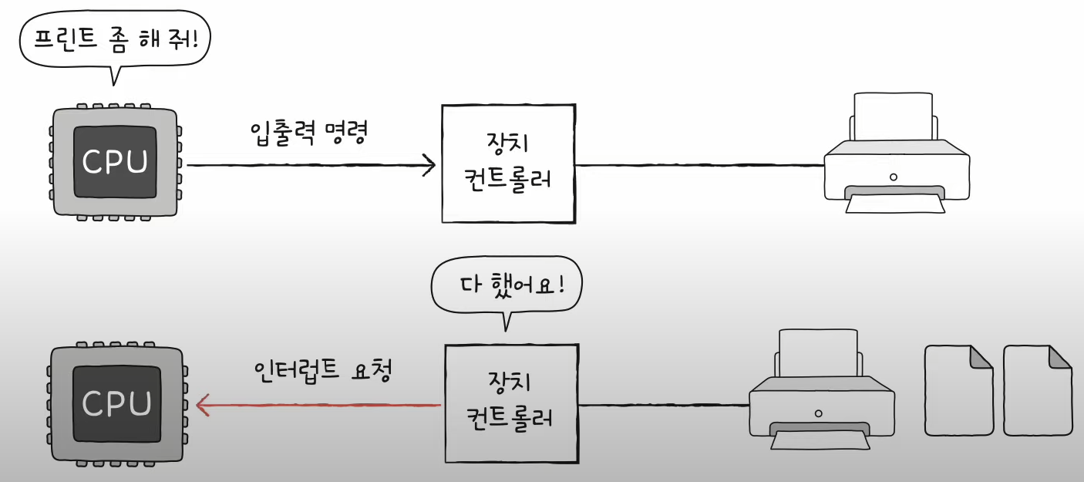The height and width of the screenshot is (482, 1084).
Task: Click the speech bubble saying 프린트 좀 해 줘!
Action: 115,39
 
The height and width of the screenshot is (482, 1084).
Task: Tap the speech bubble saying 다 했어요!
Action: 507,285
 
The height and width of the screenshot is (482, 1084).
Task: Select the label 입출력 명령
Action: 308,132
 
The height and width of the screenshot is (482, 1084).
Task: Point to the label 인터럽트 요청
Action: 323,371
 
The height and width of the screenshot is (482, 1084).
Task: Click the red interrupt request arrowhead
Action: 202,405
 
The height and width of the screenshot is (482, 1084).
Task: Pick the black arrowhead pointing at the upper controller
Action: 429,166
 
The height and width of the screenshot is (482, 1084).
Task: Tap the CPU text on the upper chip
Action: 115,162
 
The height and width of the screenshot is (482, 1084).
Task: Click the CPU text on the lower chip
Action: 116,403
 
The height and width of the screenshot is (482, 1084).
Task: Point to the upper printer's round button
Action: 894,177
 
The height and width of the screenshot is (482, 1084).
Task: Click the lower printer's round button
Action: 818,414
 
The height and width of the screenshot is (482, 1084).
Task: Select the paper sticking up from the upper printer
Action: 894,116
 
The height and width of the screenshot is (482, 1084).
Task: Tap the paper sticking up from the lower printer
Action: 818,353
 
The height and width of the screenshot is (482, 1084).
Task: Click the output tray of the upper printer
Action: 895,200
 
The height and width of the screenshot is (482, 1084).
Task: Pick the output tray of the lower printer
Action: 820,436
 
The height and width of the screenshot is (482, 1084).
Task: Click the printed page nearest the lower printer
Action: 958,390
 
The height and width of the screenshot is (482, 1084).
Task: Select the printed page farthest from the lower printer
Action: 1038,390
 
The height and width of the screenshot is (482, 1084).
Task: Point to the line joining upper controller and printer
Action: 700,166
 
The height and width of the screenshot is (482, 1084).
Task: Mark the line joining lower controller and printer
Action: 664,405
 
